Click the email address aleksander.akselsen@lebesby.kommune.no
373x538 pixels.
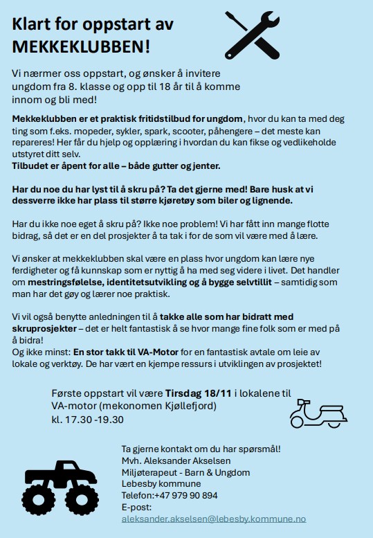pos(213,519)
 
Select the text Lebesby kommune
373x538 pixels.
pos(161,483)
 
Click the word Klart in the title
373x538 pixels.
pos(34,25)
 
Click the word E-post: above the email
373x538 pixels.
pos(136,507)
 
